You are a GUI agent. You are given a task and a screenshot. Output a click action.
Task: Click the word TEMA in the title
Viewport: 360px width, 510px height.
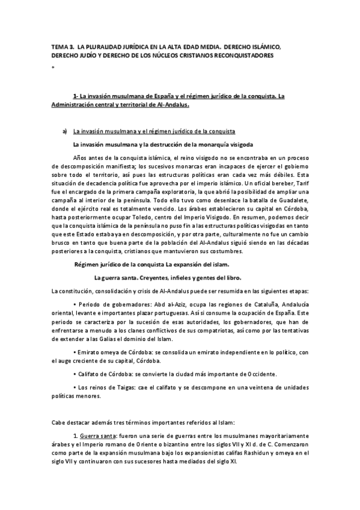[x=60, y=46]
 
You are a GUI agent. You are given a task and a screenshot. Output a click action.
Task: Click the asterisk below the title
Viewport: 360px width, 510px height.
[x=53, y=68]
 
